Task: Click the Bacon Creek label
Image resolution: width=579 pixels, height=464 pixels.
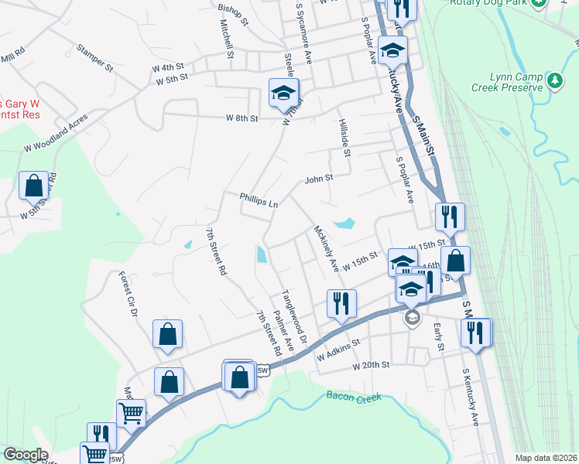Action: (355, 397)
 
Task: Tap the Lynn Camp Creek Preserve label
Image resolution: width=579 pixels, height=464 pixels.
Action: (517, 83)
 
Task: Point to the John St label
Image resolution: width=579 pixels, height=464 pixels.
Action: (318, 178)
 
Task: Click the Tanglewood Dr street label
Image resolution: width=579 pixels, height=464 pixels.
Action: (294, 316)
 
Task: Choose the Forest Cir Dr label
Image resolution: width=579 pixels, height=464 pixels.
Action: (127, 295)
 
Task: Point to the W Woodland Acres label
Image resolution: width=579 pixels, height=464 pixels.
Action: (56, 132)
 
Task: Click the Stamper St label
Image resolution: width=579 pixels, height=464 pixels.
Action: (94, 58)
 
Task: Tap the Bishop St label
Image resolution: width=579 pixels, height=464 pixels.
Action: (232, 15)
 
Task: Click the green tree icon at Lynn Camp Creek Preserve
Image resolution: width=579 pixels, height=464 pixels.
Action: (554, 80)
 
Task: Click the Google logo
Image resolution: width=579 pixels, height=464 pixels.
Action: (26, 455)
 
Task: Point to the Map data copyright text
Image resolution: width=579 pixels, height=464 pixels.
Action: (546, 458)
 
